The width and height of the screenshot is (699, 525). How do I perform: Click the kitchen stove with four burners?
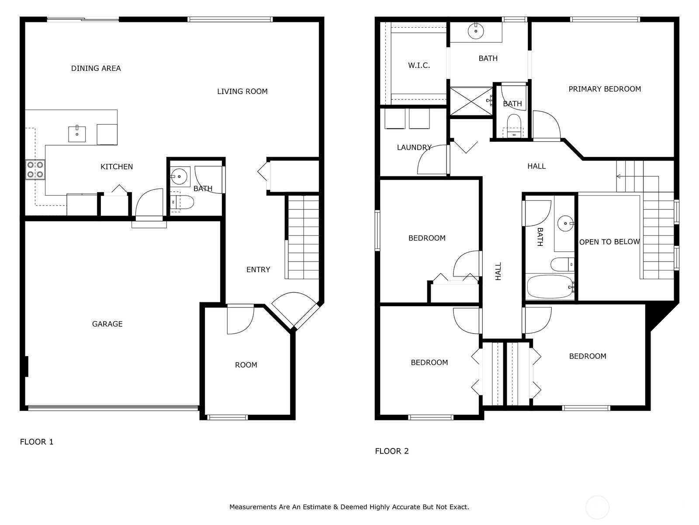35,170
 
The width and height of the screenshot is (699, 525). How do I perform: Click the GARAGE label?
107,324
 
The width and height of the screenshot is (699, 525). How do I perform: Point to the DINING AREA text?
96,68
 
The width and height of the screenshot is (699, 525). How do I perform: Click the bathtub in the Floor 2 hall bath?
550,287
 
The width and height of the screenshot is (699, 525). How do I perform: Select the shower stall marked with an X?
471,101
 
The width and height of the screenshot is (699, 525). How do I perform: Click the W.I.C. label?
419,66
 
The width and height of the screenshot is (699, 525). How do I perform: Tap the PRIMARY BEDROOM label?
605,89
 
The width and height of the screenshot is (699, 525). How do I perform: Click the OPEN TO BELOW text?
609,242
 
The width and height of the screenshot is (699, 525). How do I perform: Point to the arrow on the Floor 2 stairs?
619,176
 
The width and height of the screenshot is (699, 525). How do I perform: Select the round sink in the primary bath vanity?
475,31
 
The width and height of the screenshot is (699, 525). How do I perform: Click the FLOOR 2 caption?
391,451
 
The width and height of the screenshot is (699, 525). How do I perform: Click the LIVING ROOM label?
242,91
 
